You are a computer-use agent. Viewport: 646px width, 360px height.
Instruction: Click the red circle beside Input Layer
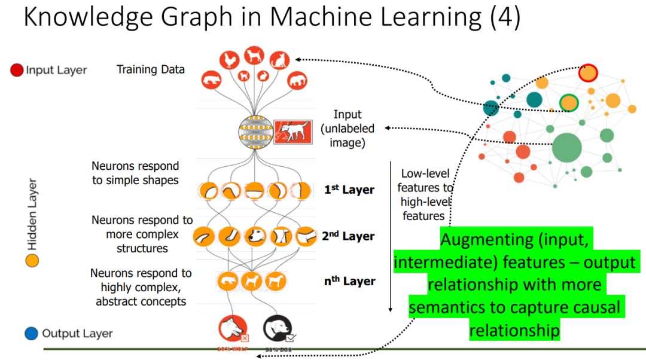coord(17,70)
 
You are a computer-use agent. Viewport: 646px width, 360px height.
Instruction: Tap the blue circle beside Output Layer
coord(32,333)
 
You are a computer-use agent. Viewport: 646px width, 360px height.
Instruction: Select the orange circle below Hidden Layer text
coord(32,261)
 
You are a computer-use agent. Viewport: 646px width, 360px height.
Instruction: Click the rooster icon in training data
coord(229,59)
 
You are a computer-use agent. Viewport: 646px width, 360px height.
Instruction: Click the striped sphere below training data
coord(255,132)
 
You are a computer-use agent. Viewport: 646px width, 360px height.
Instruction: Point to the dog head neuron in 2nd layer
coord(256,236)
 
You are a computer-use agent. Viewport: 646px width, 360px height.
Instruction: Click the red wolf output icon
coord(233,329)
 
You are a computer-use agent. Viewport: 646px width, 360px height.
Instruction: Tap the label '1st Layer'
coord(349,190)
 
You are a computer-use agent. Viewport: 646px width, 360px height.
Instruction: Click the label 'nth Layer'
coord(349,281)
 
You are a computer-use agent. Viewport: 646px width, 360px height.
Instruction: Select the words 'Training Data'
coord(150,69)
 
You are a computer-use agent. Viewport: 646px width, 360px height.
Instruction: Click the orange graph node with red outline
coord(588,73)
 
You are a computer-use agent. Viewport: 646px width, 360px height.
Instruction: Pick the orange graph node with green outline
coord(568,103)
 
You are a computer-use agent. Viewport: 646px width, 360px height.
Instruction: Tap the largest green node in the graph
coord(566,148)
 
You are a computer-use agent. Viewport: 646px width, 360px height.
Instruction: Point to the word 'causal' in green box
coord(587,308)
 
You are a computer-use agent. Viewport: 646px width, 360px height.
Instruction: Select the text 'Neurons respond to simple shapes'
coord(135,173)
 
